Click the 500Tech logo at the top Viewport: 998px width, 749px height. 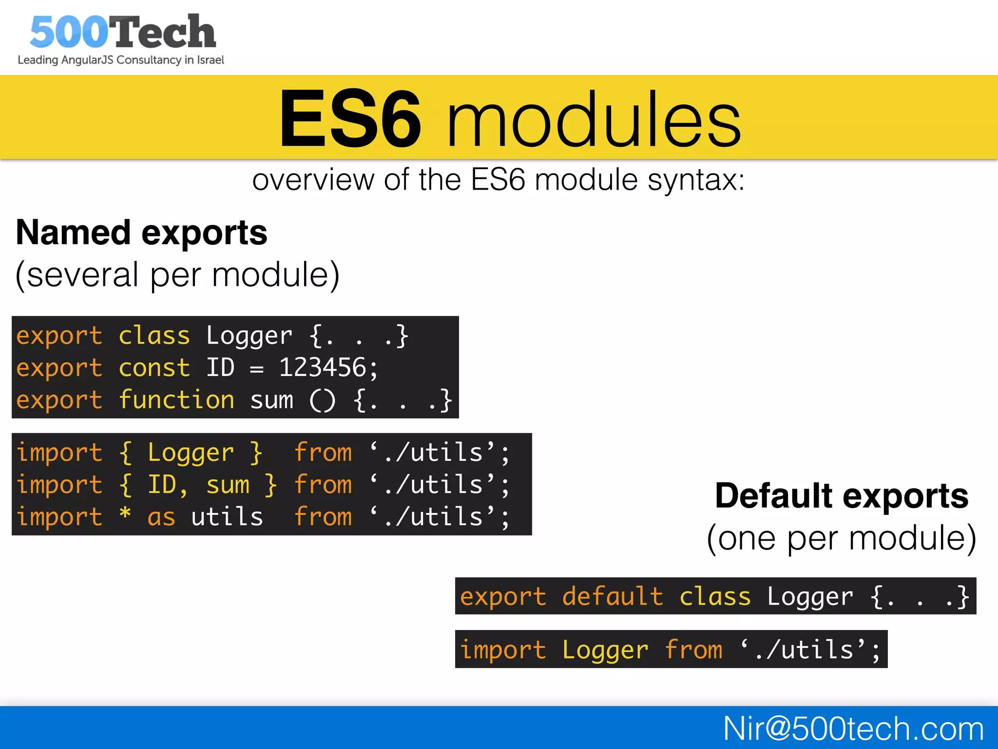pyautogui.click(x=122, y=32)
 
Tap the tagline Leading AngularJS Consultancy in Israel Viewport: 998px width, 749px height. pyautogui.click(x=121, y=60)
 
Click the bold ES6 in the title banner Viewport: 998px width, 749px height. pyautogui.click(x=350, y=119)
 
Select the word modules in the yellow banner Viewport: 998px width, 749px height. pyautogui.click(x=594, y=119)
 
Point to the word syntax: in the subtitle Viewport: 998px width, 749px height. pyautogui.click(x=696, y=180)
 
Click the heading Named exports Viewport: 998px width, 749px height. pyautogui.click(x=141, y=233)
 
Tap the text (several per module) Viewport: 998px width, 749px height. pyautogui.click(x=177, y=275)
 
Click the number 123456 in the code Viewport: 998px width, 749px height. pyautogui.click(x=323, y=368)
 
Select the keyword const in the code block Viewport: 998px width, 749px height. pyautogui.click(x=154, y=368)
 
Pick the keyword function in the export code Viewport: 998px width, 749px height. pyautogui.click(x=176, y=400)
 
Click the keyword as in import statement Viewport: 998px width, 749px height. pyautogui.click(x=161, y=517)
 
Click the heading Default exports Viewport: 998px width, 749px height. pyautogui.click(x=842, y=496)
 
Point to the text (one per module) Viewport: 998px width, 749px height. pyautogui.click(x=842, y=538)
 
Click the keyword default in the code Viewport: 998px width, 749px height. pyautogui.click(x=613, y=596)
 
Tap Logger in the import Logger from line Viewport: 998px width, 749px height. pyautogui.click(x=605, y=650)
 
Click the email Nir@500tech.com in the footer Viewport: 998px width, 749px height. pyautogui.click(x=853, y=729)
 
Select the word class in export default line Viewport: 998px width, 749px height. pyautogui.click(x=715, y=596)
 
